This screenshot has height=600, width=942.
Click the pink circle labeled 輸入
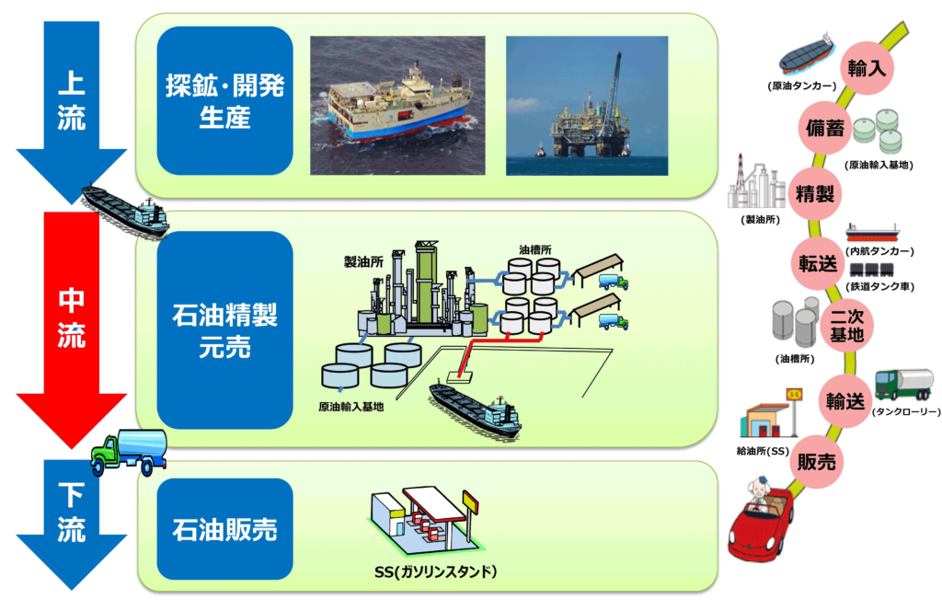867,67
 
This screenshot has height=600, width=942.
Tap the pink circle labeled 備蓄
824,129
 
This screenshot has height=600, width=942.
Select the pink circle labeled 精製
814,194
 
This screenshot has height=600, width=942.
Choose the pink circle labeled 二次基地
845,327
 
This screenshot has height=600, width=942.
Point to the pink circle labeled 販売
817,463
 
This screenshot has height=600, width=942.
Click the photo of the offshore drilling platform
586,105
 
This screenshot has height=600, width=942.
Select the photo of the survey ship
397,105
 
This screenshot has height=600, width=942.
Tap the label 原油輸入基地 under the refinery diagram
350,406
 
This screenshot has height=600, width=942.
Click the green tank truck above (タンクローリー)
903,383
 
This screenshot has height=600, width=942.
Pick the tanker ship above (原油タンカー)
806,55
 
